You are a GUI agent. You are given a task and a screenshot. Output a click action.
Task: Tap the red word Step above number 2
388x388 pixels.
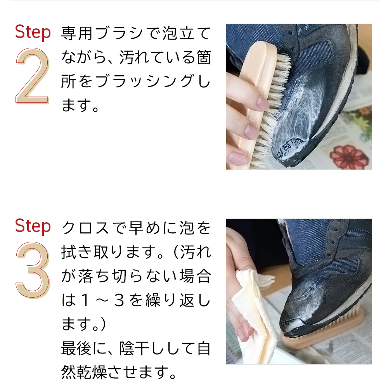33,33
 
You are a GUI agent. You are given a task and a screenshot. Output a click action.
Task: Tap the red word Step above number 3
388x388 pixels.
33,226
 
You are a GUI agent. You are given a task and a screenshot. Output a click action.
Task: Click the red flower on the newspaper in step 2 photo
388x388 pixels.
349,157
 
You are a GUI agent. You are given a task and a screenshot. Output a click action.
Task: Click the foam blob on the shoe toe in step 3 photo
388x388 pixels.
296,324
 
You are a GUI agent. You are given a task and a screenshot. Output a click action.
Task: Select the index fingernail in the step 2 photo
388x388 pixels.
262,103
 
